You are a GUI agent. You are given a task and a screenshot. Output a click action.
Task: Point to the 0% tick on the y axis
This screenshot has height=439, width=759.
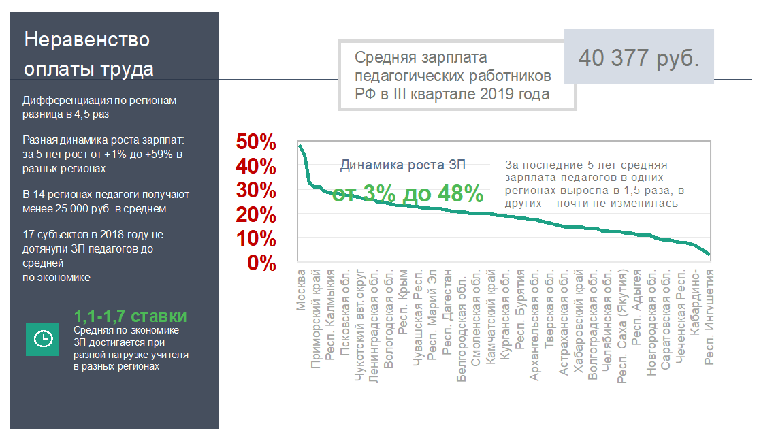262,263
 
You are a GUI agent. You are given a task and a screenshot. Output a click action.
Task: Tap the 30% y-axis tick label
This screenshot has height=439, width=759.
256,191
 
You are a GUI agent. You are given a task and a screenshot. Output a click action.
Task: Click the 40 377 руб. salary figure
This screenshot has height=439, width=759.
639,58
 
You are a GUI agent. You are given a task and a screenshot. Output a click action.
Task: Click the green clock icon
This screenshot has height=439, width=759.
42,338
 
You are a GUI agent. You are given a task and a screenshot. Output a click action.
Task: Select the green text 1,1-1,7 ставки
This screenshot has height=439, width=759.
130,316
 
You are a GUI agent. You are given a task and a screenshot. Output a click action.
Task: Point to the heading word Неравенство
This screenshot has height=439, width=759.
87,39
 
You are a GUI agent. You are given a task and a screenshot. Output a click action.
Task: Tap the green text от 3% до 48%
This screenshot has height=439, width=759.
408,193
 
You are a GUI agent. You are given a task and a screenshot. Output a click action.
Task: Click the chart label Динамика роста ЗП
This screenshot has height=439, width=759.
403,165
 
